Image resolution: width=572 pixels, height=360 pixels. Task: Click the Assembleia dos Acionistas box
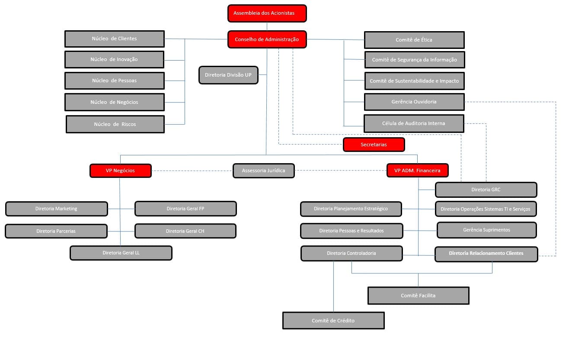(267, 13)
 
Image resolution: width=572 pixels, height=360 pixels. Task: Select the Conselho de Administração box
(267, 39)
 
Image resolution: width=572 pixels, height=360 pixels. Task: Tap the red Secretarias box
(374, 145)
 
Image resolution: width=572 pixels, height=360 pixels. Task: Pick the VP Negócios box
(120, 170)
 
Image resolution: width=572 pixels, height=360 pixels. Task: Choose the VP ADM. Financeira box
(417, 170)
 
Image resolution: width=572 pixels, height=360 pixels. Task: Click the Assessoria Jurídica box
(263, 170)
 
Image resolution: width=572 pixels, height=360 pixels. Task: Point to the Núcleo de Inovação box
(114, 59)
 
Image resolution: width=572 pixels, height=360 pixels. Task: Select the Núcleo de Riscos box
(115, 124)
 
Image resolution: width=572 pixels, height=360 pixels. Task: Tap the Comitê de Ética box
(414, 40)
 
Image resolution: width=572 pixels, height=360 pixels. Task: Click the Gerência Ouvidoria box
(414, 102)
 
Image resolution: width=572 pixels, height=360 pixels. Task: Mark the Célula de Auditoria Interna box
(413, 123)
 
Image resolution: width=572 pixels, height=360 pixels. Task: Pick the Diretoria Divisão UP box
(228, 75)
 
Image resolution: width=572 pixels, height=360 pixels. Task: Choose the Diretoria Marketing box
(56, 209)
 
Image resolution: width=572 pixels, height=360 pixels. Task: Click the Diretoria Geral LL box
(121, 253)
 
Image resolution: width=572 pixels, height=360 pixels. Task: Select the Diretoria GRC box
(486, 190)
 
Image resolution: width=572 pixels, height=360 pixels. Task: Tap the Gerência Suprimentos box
(486, 230)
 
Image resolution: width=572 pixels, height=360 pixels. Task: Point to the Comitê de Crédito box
(333, 321)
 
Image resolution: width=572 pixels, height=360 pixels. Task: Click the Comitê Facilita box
(418, 296)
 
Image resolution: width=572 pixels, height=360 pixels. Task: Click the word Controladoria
(362, 253)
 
